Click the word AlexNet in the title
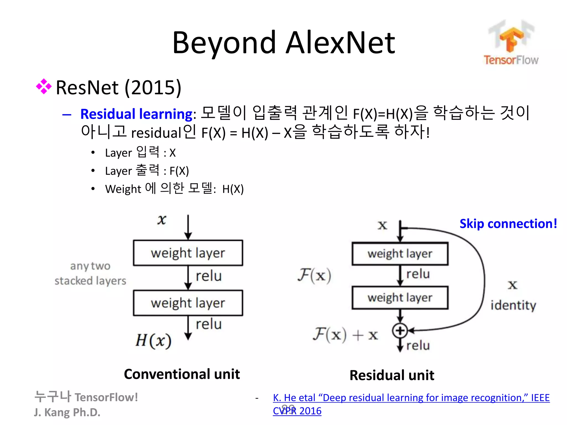pyautogui.click(x=340, y=43)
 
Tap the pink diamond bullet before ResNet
pyautogui.click(x=44, y=87)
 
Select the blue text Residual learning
pyautogui.click(x=136, y=114)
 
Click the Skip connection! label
pyautogui.click(x=508, y=224)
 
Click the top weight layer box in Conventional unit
pyautogui.click(x=188, y=253)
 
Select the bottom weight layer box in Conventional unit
pyautogui.click(x=188, y=303)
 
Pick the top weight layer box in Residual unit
pyautogui.click(x=400, y=254)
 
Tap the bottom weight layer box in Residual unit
pyautogui.click(x=400, y=298)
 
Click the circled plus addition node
pyautogui.click(x=400, y=330)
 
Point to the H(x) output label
pyautogui.click(x=153, y=340)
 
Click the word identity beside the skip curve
pyautogui.click(x=513, y=305)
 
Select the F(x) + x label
pyautogui.click(x=345, y=335)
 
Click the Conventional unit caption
pyautogui.click(x=182, y=374)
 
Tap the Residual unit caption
pyautogui.click(x=392, y=375)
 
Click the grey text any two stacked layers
pyautogui.click(x=90, y=273)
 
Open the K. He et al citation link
pyautogui.click(x=411, y=398)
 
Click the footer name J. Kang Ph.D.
pyautogui.click(x=67, y=412)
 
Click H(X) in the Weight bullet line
pyautogui.click(x=233, y=189)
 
